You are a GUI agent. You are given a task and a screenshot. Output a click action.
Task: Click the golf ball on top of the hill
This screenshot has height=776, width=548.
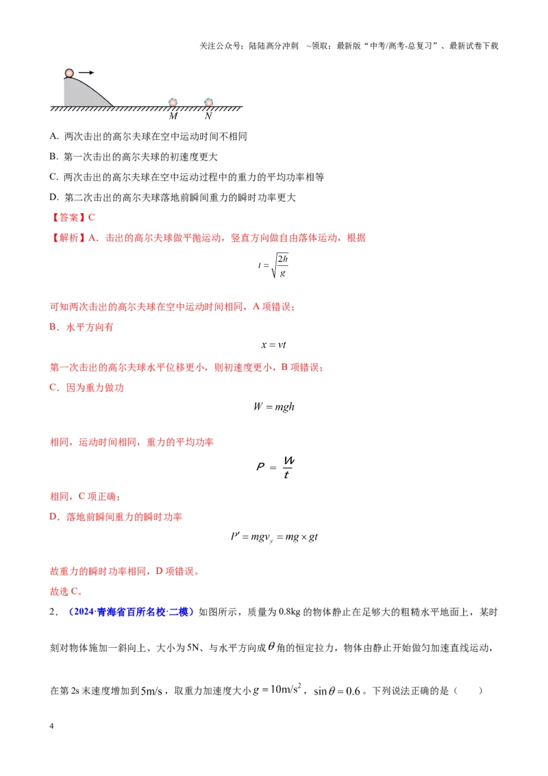click(69, 73)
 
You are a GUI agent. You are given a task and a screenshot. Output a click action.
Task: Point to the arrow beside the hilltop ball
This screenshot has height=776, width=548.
click(86, 73)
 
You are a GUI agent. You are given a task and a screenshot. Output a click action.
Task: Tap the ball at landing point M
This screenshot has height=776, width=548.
click(173, 102)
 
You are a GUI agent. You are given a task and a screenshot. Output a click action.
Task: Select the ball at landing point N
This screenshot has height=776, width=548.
click(209, 102)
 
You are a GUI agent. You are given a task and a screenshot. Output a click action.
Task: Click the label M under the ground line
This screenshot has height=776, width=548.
click(173, 117)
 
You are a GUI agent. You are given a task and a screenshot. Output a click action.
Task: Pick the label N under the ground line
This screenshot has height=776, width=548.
click(208, 117)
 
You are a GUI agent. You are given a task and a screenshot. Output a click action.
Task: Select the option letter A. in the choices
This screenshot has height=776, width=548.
click(54, 136)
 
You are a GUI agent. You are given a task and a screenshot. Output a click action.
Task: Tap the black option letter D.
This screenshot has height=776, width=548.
click(54, 197)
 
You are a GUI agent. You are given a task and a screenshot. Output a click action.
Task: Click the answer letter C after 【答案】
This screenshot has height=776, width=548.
click(92, 217)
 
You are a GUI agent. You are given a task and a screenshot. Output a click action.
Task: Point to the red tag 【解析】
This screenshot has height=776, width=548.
click(68, 238)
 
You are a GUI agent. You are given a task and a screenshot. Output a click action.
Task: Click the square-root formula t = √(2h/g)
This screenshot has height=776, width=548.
click(273, 266)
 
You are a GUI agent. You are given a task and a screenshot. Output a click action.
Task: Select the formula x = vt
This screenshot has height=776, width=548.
click(273, 345)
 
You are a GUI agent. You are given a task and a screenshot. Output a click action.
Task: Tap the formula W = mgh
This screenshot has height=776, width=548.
click(273, 407)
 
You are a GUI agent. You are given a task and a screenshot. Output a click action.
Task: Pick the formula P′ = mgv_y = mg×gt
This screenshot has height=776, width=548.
click(274, 537)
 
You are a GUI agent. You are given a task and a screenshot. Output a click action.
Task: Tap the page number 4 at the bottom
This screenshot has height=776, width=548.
click(51, 726)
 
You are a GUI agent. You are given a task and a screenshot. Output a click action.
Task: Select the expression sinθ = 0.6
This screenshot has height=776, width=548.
click(337, 691)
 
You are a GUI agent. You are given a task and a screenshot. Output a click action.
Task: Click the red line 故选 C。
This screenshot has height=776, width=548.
click(66, 592)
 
